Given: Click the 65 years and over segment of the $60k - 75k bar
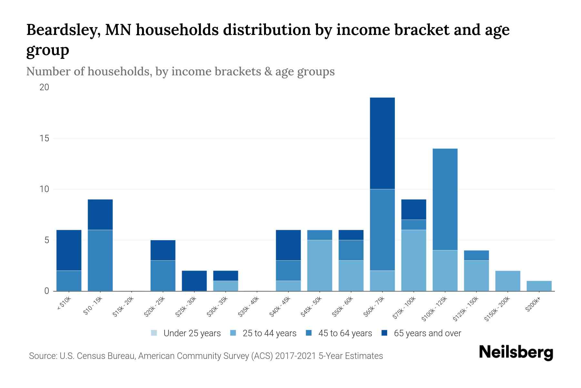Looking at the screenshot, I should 382,143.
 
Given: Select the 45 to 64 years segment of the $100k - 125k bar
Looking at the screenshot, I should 445,199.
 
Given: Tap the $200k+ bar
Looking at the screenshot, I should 539,286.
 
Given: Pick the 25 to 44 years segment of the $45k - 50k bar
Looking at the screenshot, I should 320,265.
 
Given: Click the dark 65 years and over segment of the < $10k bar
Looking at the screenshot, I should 69,250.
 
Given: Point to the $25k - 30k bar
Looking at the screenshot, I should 194,281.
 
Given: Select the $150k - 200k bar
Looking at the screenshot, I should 507,281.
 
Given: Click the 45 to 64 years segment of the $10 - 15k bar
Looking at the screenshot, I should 100,260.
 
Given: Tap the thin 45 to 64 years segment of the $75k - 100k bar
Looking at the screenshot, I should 413,225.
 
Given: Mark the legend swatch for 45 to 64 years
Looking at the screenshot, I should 309,333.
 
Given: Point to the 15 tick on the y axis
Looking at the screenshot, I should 44,138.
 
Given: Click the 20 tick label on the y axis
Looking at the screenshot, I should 44,87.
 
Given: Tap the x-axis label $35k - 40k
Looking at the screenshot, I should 249,306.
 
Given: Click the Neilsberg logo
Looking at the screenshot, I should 516,352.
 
